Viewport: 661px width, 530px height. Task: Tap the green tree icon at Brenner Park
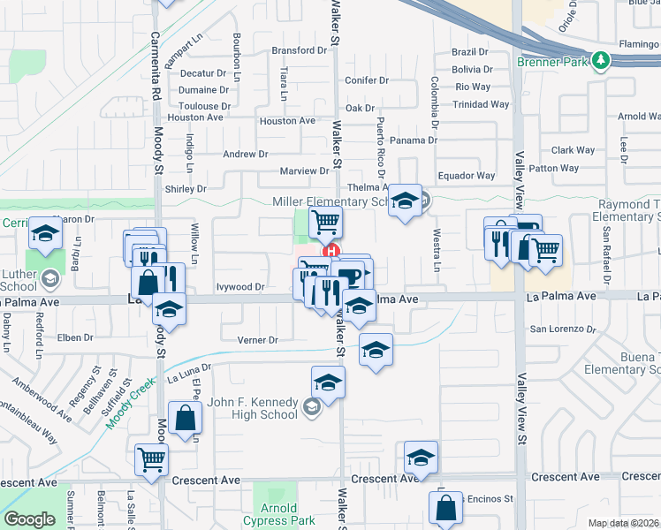602,60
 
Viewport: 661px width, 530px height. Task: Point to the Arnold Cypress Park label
278,514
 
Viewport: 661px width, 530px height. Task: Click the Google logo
29,519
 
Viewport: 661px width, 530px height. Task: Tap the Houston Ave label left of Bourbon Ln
195,117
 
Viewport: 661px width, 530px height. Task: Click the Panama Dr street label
414,140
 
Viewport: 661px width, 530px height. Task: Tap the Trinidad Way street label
482,104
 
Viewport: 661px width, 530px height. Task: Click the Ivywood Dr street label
240,287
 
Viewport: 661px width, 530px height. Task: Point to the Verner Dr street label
258,340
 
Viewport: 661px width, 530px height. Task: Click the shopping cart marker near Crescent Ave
152,460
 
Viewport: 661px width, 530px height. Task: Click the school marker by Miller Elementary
405,202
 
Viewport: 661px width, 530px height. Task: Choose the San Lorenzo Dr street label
564,329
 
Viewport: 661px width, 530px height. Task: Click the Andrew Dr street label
245,154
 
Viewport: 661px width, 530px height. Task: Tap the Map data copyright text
623,523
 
